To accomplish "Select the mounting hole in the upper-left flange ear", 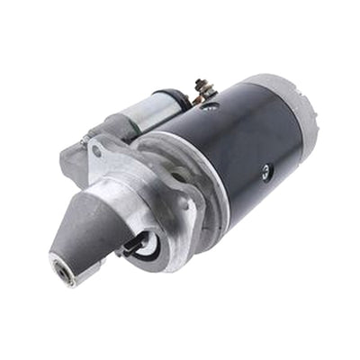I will click(x=96, y=151).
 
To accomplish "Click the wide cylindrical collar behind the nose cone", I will click(x=148, y=202).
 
